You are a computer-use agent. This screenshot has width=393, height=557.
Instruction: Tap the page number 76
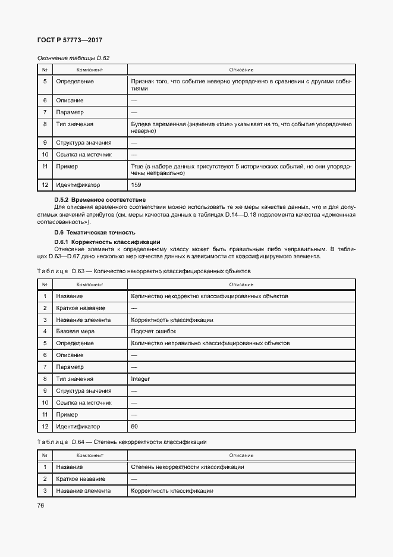41,505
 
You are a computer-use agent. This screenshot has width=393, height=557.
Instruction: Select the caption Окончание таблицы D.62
73,58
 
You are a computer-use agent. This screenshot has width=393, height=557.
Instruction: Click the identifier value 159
136,184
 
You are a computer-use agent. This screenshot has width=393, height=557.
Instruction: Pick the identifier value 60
134,426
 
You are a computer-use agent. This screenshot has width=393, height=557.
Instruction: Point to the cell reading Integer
140,378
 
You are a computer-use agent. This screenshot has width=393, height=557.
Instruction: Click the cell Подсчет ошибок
153,331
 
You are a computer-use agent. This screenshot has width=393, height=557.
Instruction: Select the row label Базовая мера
75,331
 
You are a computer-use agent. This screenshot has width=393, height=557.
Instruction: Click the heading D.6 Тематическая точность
95,232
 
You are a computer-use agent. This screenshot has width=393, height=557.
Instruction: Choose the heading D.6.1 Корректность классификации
107,242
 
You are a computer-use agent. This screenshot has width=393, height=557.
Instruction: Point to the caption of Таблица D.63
144,271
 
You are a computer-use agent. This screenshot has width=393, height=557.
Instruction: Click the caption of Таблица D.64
122,442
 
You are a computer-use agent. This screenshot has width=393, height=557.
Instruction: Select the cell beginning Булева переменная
241,127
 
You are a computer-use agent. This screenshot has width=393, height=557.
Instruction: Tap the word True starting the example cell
137,167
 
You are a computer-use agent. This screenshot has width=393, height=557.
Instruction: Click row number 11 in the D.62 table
45,167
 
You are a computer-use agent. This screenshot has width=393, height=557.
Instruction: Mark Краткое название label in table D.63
80,308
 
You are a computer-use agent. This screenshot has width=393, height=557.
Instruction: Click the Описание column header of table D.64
241,455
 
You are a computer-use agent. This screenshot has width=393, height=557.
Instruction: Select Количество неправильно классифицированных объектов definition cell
210,343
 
